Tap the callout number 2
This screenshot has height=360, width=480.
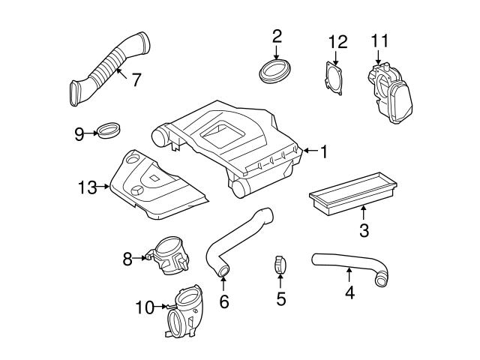point(277,35)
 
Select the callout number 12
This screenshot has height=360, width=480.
point(337,40)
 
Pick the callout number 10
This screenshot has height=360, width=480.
point(144,306)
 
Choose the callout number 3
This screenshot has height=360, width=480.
point(364,229)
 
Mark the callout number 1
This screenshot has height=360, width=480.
point(324,152)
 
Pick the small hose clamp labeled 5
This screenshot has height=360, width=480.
point(280,265)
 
